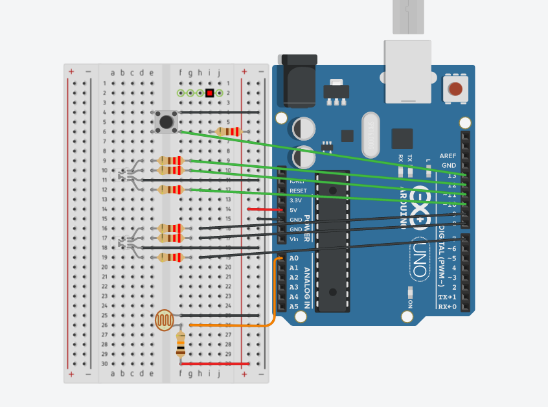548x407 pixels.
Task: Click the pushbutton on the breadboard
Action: [x=166, y=121]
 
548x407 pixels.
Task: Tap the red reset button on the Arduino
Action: [x=455, y=89]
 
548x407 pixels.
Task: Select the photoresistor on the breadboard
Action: [x=165, y=320]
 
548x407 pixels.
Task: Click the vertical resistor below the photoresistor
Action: [x=181, y=344]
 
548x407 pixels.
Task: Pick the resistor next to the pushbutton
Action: [x=228, y=132]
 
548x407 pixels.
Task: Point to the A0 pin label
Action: [x=294, y=258]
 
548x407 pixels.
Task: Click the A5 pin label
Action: [x=294, y=307]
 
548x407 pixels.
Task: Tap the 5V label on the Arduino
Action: [x=293, y=210]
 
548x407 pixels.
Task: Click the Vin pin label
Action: [x=294, y=239]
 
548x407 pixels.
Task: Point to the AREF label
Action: [x=448, y=156]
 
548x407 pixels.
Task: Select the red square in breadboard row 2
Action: [x=210, y=93]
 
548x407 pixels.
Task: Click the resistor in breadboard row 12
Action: [x=171, y=189]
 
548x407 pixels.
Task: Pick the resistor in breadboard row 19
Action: [x=171, y=257]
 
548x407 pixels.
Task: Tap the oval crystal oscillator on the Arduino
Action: [x=370, y=135]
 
